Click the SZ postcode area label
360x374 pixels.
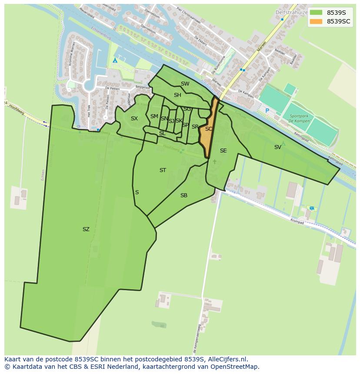pos(86,229)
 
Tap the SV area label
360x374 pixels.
pos(277,147)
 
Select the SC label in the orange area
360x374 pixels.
pos(209,129)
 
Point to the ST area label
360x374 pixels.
pos(163,170)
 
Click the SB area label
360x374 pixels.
pos(184,195)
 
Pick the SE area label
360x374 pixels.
pos(223,151)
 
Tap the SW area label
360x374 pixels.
pos(185,84)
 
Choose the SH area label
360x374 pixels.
pos(177,95)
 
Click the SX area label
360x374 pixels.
pos(134,119)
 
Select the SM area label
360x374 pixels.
pos(154,116)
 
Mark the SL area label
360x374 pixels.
pos(162,133)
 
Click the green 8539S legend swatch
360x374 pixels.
pos(316,13)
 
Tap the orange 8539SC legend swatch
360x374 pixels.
pos(316,21)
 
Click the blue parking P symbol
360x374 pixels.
pos(267,111)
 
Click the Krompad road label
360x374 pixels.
pos(298,222)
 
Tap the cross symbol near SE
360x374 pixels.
pos(214,162)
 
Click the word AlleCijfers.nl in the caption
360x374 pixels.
pos(227,359)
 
